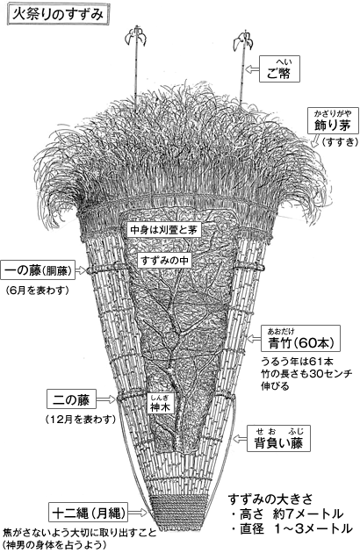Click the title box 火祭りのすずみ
point(57,15)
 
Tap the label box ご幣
point(279,69)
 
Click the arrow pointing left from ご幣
point(252,69)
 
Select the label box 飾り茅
point(333,121)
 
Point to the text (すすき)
point(340,142)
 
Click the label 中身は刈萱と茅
point(164,230)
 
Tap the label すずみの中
point(164,261)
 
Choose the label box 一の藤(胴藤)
point(38,270)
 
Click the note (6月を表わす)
point(37,291)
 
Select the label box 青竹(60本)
point(300,339)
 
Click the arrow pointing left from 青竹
point(254,339)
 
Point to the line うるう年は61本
point(297,362)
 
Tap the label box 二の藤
point(71,399)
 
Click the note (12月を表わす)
point(81,420)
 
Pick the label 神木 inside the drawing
point(161,404)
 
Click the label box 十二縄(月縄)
point(88,512)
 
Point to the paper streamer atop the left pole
point(136,36)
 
